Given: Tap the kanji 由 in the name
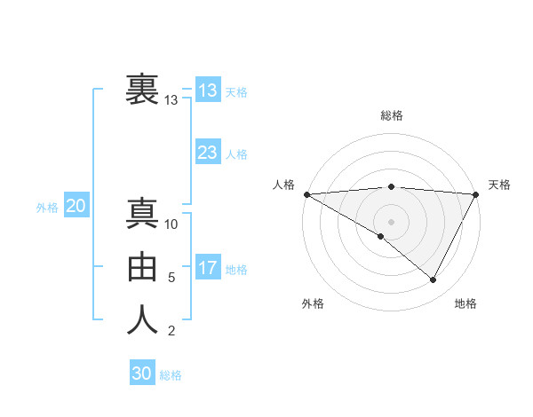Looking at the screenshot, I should [x=143, y=267].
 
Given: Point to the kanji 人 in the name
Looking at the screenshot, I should [x=143, y=320].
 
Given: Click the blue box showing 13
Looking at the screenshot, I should [x=207, y=90].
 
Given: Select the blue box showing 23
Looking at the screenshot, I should [x=207, y=153].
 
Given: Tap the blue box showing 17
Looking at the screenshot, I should [x=207, y=268].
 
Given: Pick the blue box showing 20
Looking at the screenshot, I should [x=76, y=206].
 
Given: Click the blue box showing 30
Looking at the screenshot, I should [x=141, y=374].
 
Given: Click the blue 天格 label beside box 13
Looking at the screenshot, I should [x=236, y=92].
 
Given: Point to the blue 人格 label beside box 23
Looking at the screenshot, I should [x=236, y=154].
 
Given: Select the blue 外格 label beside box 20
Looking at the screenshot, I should [x=47, y=208].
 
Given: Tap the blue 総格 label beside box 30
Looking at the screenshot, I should [x=171, y=375].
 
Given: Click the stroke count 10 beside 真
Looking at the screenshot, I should [x=171, y=224].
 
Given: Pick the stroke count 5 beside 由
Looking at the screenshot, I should [x=171, y=278].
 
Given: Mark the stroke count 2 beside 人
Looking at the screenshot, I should [x=171, y=332].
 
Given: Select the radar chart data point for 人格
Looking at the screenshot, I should [x=306, y=194].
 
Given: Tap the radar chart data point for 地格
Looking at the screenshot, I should [x=434, y=280].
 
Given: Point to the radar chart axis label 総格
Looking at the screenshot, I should [x=391, y=115].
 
